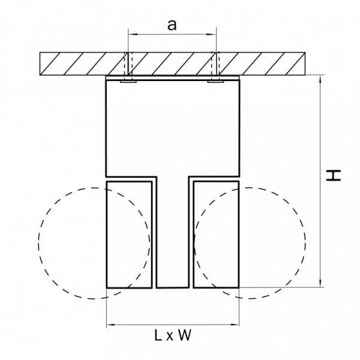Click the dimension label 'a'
point(172,25)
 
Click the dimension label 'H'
point(334,175)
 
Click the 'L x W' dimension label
point(172,336)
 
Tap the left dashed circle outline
point(38,243)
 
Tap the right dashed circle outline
point(305,243)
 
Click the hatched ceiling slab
point(72,64)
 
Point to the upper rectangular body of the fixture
point(172,126)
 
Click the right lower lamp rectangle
point(215,234)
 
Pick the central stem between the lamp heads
point(172,240)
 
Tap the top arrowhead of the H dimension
point(322,79)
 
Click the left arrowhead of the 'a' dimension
point(131,35)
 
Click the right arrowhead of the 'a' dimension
point(212,35)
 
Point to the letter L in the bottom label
point(157,336)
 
